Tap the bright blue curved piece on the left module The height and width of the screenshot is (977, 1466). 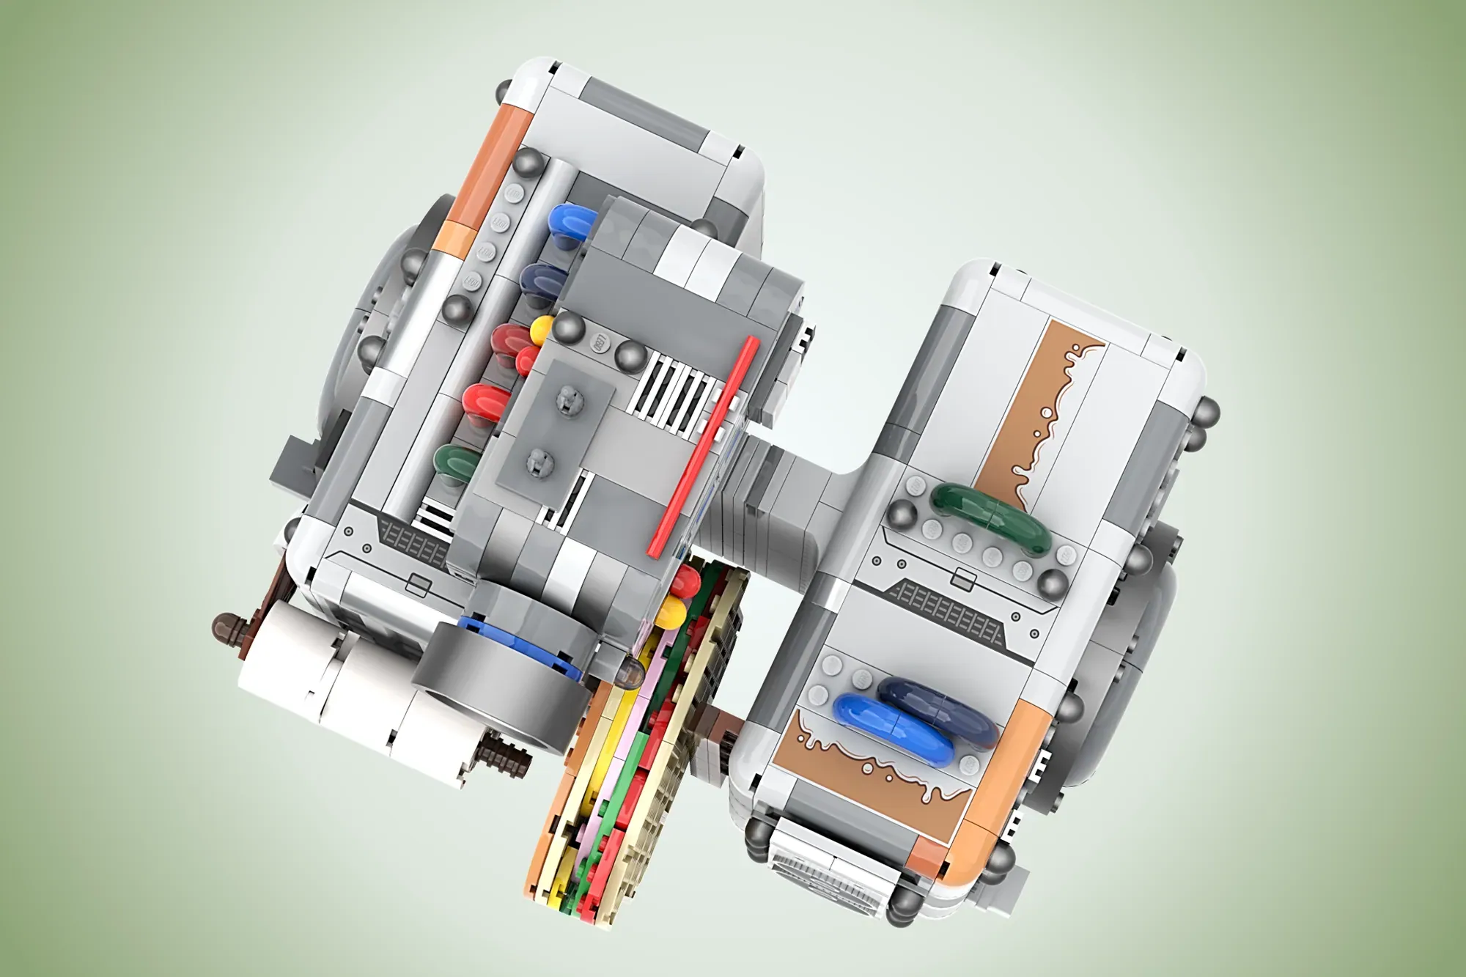click(571, 220)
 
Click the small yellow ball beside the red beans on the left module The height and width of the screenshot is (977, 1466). click(542, 328)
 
